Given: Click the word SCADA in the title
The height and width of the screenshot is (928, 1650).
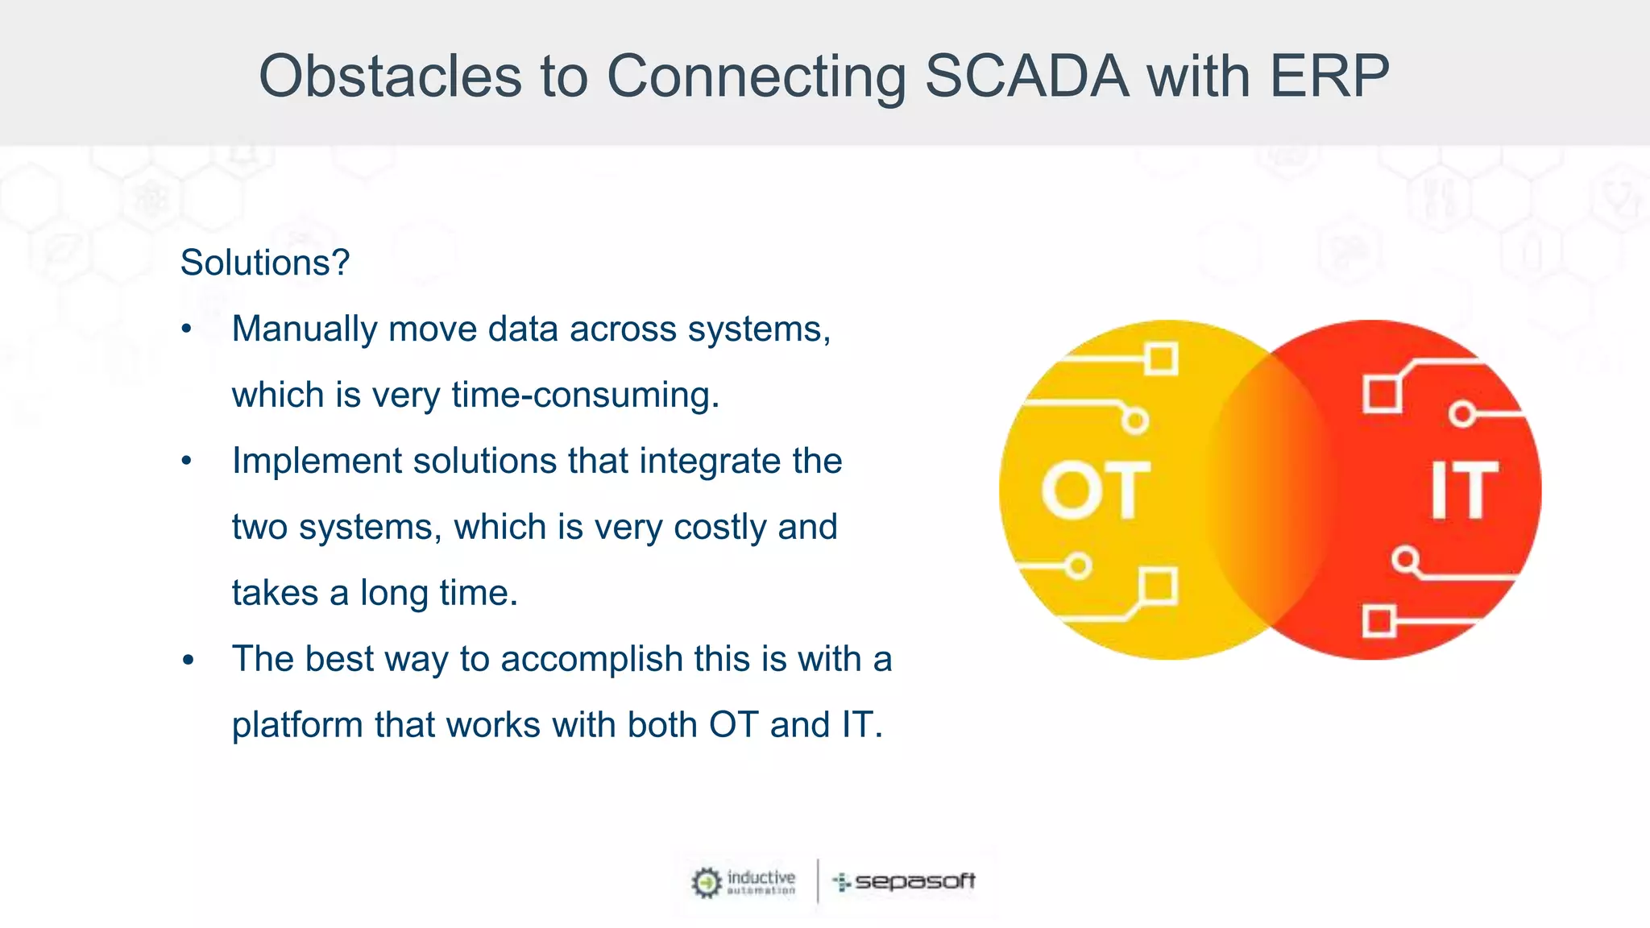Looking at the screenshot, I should [1026, 77].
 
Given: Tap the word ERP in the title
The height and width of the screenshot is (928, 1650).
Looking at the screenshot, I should [1329, 77].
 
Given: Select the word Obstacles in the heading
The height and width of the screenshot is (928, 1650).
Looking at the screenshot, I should [390, 77].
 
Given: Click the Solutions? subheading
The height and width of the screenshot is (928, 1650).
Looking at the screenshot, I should [265, 263].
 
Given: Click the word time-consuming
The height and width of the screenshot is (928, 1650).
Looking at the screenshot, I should [585, 396].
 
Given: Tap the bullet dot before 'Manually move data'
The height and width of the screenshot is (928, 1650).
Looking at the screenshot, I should [187, 329].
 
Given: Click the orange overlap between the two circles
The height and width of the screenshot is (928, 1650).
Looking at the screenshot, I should [1271, 490].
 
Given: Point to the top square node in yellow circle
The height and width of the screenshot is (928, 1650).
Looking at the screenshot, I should [1161, 359].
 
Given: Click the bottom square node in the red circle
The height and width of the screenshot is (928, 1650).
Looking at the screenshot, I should [1378, 622].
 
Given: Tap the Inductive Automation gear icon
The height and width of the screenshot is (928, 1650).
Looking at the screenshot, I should [707, 883].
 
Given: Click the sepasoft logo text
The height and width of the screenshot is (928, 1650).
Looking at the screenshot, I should [914, 881].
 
